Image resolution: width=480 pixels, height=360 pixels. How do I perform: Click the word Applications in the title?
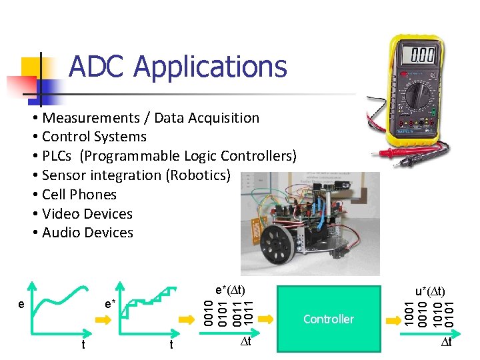210,67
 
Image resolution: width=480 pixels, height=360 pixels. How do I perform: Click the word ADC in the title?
97,67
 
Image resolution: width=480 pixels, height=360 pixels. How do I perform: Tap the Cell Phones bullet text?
79,195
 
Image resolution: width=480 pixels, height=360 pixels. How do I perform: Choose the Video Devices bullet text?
87,214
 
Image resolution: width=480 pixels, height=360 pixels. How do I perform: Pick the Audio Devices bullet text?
87,233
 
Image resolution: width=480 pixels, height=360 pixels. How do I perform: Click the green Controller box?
328,319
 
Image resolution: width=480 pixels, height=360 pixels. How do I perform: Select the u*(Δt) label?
431,291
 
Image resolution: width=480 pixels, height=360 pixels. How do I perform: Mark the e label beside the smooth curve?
22,304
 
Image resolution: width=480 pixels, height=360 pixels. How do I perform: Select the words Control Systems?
94,137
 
